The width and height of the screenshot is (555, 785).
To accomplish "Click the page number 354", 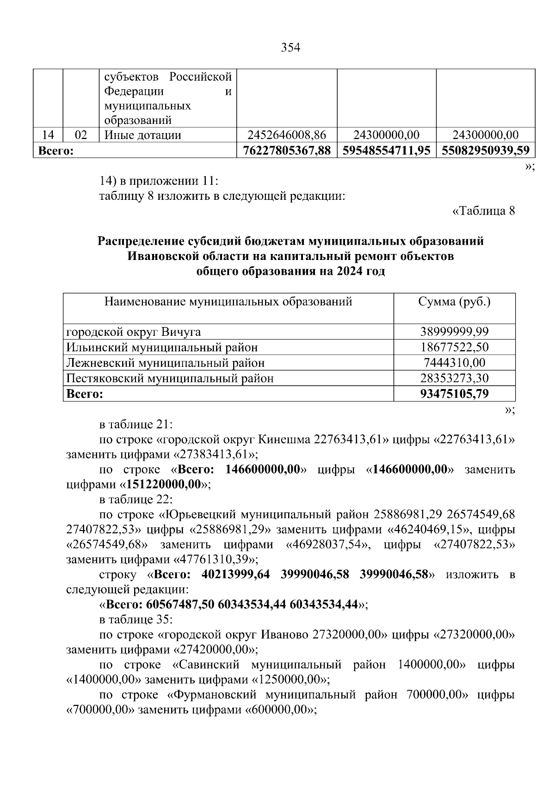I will [290, 48].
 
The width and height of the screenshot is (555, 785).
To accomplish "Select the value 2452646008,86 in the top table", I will [287, 135].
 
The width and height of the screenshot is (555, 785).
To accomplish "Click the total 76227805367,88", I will [287, 150].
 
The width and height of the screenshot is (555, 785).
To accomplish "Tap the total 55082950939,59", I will [485, 150].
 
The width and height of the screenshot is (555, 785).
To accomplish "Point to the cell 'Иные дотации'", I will [143, 135].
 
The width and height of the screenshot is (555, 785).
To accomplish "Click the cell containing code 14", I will [48, 135].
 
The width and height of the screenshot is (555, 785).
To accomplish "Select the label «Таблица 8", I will [483, 211].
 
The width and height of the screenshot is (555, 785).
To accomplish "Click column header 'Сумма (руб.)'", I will [454, 302].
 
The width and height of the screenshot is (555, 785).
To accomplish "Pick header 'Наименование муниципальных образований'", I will [228, 302].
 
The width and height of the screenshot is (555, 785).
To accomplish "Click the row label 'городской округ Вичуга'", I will [134, 332].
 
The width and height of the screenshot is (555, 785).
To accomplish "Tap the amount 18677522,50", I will [454, 347].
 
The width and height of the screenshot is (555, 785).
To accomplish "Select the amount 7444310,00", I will [454, 363].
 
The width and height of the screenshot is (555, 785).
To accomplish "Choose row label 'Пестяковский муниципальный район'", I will [170, 378].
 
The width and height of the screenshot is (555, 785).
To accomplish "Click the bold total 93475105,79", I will [454, 394].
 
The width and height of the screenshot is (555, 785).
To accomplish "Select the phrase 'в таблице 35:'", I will [136, 619].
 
